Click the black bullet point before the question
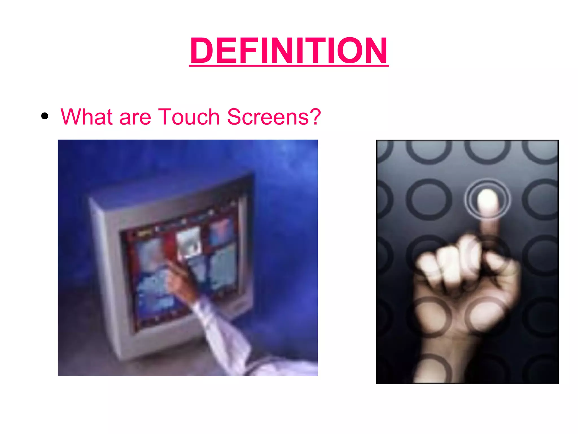click(45, 116)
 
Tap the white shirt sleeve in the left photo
click(223, 333)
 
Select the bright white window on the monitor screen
click(189, 243)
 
